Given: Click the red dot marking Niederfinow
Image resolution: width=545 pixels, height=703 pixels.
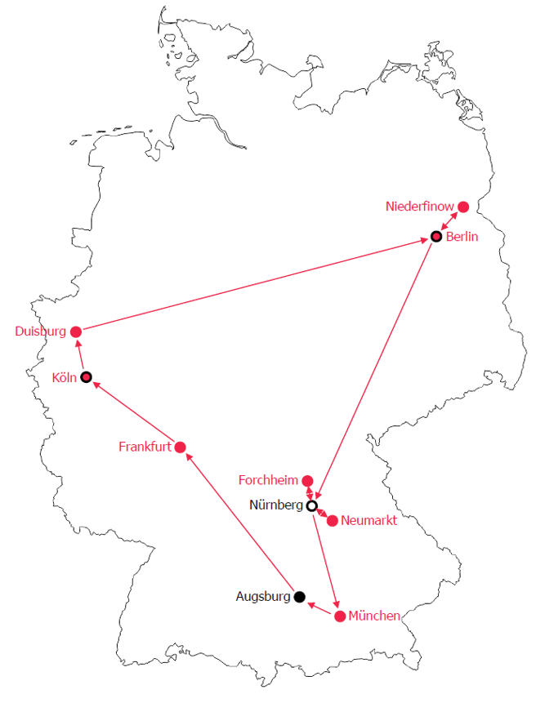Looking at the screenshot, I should [463, 207].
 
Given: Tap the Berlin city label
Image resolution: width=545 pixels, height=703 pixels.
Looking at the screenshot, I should [462, 237].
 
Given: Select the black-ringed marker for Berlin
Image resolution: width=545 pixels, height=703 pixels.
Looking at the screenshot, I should [436, 237].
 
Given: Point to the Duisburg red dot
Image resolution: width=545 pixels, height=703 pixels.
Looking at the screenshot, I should [76, 331].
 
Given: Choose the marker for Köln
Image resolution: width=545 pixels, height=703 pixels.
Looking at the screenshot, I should [86, 377].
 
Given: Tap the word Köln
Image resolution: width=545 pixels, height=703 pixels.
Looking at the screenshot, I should [64, 377].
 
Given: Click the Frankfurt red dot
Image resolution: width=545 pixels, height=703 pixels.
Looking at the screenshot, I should [181, 447].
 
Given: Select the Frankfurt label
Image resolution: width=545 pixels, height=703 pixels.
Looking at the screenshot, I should [145, 447].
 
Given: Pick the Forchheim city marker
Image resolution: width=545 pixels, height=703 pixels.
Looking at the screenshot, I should [307, 480].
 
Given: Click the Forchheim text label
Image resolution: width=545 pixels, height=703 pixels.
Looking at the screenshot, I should [269, 479].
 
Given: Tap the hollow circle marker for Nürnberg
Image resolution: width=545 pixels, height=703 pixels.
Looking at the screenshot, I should [311, 505].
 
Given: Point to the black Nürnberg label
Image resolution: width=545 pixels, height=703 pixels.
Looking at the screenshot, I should [276, 505].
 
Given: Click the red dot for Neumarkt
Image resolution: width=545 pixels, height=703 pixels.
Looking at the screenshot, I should [332, 520].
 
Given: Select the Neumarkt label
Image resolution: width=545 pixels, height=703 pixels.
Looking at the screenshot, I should [369, 520].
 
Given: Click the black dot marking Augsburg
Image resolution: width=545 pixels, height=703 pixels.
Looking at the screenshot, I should [300, 597].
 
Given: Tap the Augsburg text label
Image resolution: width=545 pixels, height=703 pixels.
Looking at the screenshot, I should [263, 597].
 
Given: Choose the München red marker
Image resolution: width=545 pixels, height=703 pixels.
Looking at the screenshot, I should [340, 616].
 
